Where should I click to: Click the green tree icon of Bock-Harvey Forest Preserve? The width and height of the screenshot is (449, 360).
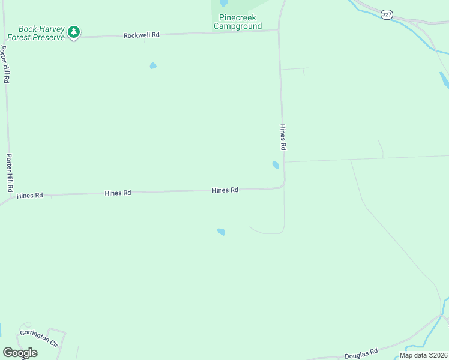74,32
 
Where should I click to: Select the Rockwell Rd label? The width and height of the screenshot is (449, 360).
142,35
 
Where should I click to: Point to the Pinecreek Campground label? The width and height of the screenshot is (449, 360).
238,22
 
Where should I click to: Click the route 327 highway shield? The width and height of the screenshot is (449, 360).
387,13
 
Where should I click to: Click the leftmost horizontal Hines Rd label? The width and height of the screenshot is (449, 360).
30,196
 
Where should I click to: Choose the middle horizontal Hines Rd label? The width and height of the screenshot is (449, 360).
118,193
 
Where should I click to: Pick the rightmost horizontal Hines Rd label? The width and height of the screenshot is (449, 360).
225,190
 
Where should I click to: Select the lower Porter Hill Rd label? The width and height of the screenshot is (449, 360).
10,172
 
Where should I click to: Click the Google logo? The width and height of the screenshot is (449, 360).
20,353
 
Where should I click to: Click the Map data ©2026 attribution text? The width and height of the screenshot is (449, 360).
423,355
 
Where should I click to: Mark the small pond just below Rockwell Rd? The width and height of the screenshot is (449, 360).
153,65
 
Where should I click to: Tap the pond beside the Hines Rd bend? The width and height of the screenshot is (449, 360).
275,165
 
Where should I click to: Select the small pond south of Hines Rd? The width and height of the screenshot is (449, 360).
221,232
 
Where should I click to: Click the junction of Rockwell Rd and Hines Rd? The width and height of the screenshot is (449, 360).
279,30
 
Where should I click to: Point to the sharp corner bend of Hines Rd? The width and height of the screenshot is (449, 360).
283,187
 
